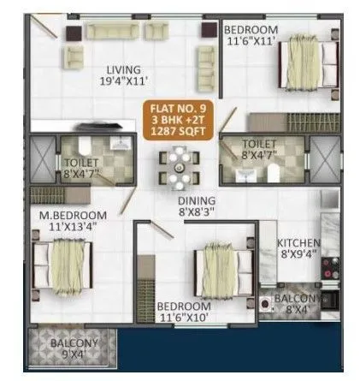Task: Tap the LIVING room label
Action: (124, 70)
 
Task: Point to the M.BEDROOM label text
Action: (72, 214)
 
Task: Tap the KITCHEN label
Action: (298, 242)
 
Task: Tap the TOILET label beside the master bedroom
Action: (82, 162)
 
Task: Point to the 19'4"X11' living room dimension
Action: (124, 83)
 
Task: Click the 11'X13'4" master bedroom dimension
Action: (71, 227)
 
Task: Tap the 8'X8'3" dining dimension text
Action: (196, 210)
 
